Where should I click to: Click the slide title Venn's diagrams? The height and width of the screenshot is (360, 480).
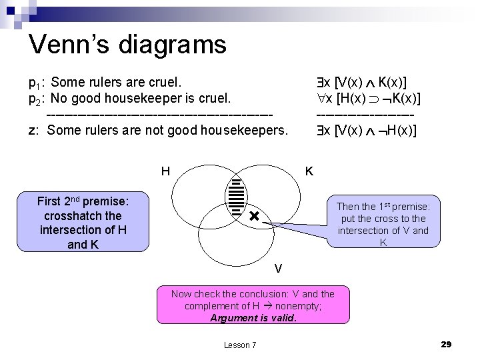[x=127, y=45]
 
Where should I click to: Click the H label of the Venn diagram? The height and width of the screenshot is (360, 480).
[x=165, y=171]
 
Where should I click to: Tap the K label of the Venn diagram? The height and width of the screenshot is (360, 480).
[x=309, y=171]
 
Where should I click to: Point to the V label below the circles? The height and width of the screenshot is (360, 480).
[x=278, y=269]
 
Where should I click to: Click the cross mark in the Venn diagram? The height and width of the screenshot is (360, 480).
[x=253, y=217]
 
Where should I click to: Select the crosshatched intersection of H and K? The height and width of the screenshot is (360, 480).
[x=237, y=197]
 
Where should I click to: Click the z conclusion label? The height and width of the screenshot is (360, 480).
[x=33, y=130]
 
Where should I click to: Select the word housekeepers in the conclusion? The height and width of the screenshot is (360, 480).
[x=246, y=130]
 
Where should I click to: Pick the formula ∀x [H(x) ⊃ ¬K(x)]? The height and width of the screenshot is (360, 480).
[x=369, y=99]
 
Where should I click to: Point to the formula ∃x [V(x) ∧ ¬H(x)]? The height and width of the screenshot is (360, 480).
[x=367, y=130]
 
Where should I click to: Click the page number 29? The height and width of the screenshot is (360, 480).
[x=446, y=344]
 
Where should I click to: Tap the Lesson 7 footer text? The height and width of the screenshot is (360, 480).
[x=239, y=345]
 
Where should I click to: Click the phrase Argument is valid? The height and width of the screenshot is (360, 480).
[x=253, y=318]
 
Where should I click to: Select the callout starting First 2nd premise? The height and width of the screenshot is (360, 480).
[x=83, y=223]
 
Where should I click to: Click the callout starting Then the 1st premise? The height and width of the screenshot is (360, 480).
[x=383, y=225]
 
